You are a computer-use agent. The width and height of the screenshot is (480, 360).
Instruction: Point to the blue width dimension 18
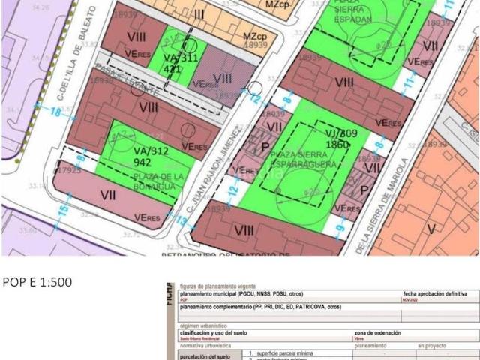click(55, 112)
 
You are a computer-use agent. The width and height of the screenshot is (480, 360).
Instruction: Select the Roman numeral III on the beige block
click(199, 14)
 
